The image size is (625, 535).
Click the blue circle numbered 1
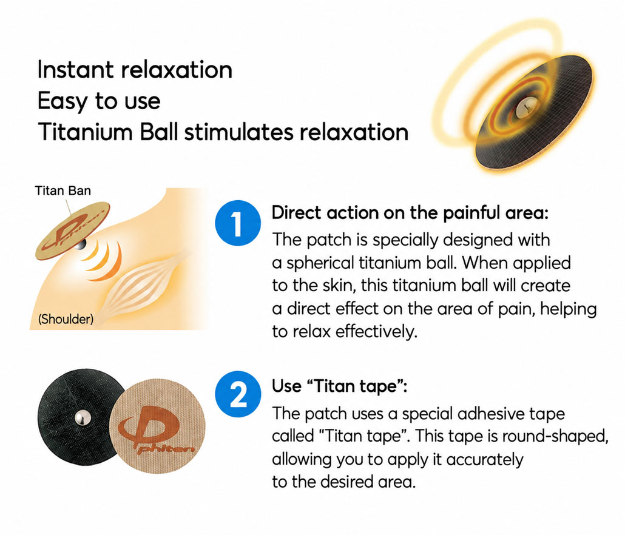coord(238,223)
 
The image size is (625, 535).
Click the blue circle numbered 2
coord(238,394)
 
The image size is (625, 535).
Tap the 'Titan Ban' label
coord(63,190)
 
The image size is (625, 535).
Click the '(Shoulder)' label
coord(66,318)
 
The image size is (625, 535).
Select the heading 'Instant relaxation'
coord(135,70)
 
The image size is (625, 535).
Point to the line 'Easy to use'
coord(99,101)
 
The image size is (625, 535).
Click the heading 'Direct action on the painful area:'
coord(410,213)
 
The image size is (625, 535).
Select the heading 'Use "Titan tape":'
coord(339,386)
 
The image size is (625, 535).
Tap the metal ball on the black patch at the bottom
coord(83,418)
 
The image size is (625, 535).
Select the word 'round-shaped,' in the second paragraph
coord(555,436)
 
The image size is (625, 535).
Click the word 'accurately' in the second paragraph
coord(485,459)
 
